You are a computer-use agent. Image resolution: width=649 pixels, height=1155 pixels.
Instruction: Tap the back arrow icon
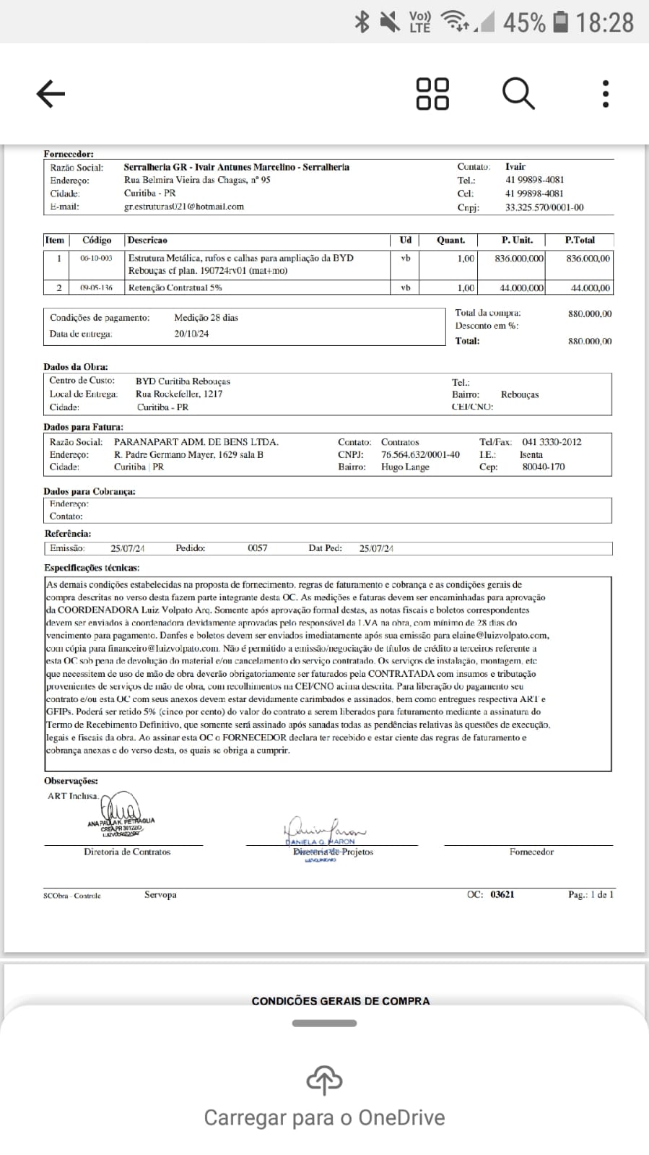click(x=51, y=94)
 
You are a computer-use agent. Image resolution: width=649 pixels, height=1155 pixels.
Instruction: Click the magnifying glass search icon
click(x=518, y=94)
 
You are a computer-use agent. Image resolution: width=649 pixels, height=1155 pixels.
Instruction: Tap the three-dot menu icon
click(x=605, y=94)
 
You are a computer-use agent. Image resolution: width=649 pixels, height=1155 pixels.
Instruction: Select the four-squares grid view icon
click(x=432, y=94)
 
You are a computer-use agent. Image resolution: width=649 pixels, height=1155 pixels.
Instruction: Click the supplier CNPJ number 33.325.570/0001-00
click(x=544, y=207)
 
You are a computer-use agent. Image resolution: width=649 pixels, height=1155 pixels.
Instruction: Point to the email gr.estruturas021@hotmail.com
click(x=184, y=207)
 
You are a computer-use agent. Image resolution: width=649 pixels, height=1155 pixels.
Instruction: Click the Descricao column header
click(x=147, y=240)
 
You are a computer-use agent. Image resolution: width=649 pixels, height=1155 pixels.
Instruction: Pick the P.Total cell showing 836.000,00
click(x=588, y=258)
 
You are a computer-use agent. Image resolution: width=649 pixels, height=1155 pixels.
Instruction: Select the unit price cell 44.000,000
click(x=520, y=287)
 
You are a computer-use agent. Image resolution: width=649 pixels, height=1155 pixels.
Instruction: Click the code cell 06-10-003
click(x=96, y=258)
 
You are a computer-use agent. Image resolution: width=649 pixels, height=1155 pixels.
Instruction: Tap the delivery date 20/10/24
click(x=191, y=334)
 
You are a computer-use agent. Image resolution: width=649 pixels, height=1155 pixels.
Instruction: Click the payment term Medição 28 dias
click(x=206, y=318)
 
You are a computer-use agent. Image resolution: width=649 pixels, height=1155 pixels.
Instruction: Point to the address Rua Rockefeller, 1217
click(x=179, y=394)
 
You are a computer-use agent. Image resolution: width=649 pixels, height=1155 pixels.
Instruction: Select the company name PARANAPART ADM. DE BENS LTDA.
click(x=196, y=442)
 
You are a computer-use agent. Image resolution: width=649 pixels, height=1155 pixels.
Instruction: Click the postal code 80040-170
click(x=544, y=467)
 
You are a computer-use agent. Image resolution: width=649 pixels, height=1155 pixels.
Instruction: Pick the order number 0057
click(x=257, y=548)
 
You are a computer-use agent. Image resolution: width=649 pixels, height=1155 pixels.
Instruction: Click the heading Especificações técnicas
click(x=92, y=568)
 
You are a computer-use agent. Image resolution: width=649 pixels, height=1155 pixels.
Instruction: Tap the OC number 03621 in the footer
click(x=502, y=894)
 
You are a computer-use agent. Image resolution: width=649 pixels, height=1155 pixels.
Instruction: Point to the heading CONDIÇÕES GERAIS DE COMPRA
click(x=341, y=1001)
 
